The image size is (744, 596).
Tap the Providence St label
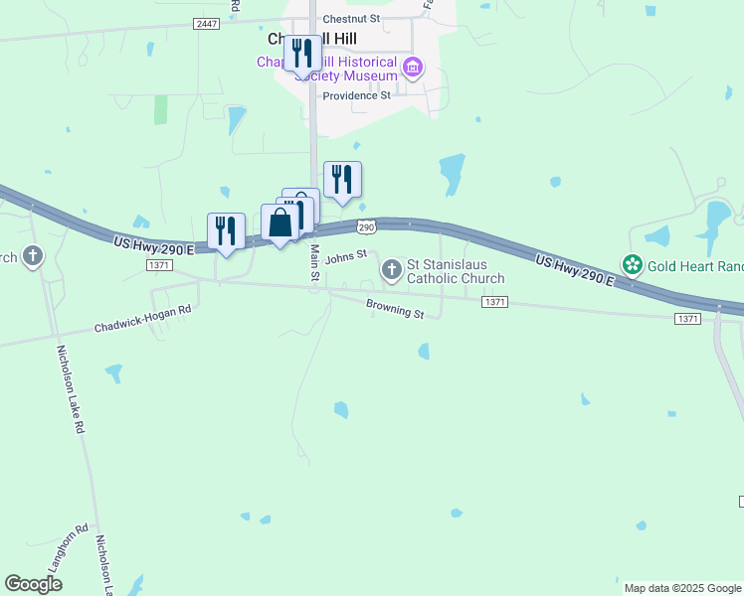(x=356, y=95)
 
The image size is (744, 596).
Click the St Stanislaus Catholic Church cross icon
(x=391, y=269)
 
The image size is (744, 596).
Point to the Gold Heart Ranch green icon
(x=632, y=264)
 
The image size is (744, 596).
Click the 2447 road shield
(x=207, y=23)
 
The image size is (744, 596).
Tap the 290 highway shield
(x=367, y=227)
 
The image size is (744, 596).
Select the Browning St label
(x=395, y=310)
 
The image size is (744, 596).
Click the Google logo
(x=33, y=584)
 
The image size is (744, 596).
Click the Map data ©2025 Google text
(x=682, y=588)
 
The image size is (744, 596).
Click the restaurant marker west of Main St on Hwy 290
(x=227, y=231)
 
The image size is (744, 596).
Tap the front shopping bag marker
(x=280, y=223)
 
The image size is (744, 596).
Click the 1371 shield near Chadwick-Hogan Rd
(x=158, y=265)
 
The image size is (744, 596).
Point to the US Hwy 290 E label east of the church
(x=574, y=269)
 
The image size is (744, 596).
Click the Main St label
(x=314, y=262)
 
